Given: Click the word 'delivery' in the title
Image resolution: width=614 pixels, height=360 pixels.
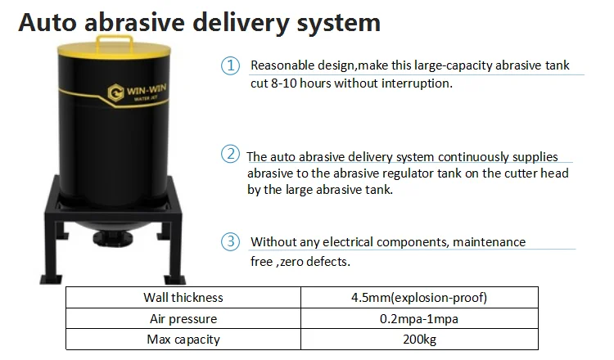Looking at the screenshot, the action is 241,22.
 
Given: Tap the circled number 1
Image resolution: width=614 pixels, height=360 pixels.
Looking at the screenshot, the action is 230,65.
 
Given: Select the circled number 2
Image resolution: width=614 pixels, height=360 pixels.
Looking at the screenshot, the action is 230,154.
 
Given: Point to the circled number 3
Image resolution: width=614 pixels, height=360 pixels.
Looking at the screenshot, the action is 230,241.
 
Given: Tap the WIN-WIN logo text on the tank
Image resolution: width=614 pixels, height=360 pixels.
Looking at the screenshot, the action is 146,90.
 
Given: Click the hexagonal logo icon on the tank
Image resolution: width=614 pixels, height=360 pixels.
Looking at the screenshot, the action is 116,93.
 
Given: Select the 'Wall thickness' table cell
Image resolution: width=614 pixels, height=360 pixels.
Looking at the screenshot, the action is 183,297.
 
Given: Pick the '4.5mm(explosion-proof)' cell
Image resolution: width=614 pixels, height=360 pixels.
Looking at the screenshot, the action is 419,297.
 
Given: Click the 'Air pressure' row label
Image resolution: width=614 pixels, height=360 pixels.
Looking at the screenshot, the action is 183,318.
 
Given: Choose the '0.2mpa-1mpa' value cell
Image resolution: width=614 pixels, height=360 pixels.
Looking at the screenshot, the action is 419,318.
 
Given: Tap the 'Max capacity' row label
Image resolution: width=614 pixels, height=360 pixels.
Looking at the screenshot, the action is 183,340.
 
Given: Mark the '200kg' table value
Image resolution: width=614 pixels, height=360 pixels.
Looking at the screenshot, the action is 419,340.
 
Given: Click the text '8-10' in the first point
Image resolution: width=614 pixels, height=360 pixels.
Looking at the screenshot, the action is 284,83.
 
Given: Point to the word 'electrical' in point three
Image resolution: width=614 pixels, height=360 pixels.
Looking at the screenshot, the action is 347,242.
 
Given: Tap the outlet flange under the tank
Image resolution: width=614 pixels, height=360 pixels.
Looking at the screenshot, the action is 114,238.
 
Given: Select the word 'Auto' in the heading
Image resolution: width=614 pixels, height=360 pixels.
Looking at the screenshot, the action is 47,22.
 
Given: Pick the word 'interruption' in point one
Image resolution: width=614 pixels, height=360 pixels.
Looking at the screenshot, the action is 417,83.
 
